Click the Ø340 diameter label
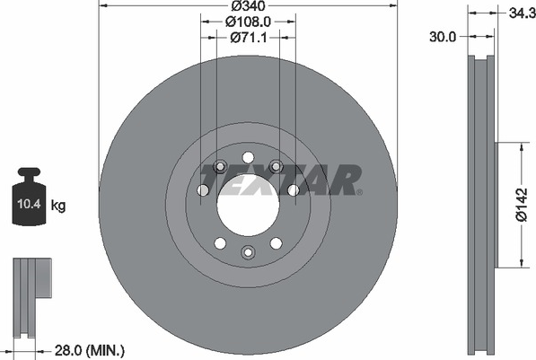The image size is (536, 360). tap(248, 5)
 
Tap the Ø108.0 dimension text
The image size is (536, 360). tap(248, 22)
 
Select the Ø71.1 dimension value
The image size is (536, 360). tap(248, 38)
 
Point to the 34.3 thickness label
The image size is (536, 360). tap(523, 13)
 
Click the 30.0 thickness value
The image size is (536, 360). tap(443, 37)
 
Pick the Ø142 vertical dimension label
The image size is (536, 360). tap(522, 205)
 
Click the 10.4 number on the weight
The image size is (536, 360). tap(29, 204)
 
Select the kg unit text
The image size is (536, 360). tap(58, 206)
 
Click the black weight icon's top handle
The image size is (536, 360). tap(29, 172)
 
